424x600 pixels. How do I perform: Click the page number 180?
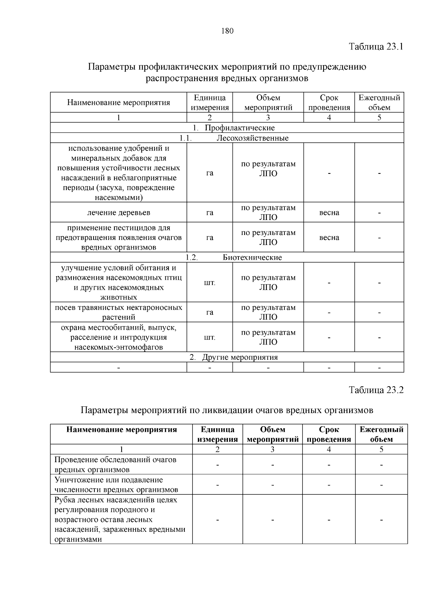(x=227, y=31)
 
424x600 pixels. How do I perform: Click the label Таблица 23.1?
(x=376, y=47)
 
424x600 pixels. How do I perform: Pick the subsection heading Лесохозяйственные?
(x=252, y=138)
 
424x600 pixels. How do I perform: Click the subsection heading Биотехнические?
(x=252, y=257)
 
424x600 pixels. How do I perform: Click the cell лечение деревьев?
(x=118, y=212)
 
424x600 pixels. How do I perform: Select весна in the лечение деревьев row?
(x=329, y=212)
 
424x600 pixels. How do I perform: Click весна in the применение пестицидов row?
(x=329, y=237)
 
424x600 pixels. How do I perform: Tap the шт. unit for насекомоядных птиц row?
(x=210, y=283)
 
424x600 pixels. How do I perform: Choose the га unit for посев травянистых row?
(x=210, y=312)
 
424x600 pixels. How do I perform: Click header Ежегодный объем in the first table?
(x=379, y=102)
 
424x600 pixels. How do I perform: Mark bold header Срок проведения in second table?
(x=329, y=434)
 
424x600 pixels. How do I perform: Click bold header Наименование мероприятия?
(x=122, y=430)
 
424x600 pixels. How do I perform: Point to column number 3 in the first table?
(x=268, y=118)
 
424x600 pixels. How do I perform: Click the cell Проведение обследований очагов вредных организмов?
(x=115, y=465)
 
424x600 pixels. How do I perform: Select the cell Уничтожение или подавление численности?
(x=116, y=484)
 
